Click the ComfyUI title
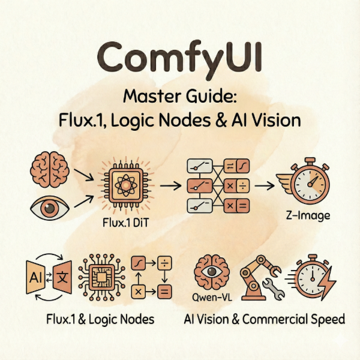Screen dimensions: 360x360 coord(180,58)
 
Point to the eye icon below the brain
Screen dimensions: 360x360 coord(47,209)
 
